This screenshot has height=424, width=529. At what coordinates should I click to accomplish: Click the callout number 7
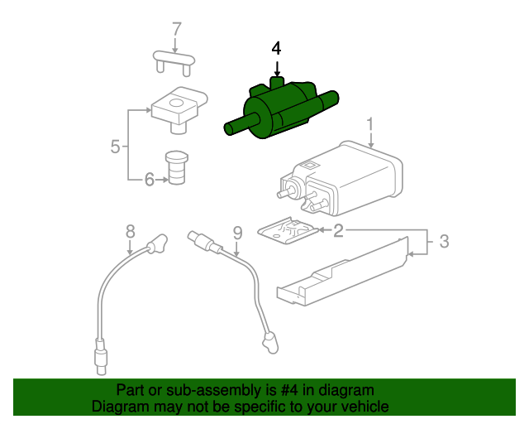point(175,29)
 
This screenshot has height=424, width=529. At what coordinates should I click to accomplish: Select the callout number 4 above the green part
point(277,48)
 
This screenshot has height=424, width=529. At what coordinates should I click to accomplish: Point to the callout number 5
point(116,147)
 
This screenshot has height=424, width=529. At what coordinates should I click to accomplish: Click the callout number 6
point(149,179)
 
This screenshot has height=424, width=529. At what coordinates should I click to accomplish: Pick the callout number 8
point(130,231)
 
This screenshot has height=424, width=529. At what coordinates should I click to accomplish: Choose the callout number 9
point(236,233)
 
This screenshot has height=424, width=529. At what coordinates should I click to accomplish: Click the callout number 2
point(338,231)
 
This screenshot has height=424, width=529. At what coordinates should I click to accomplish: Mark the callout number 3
point(443,242)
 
